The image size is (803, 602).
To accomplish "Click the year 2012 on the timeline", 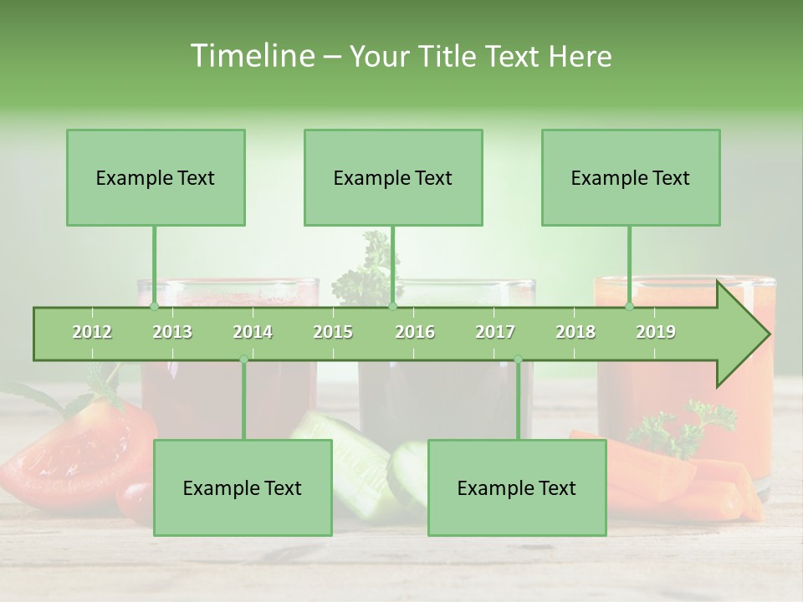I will click(92, 332).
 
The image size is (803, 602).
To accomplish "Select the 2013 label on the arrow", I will click(172, 332).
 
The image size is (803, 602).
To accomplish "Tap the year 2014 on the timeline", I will click(253, 332).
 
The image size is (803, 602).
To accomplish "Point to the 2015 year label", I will click(333, 332).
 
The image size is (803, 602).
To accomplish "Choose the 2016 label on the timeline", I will click(415, 332).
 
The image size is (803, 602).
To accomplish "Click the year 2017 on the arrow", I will click(495, 332).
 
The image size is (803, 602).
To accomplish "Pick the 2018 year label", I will click(575, 332).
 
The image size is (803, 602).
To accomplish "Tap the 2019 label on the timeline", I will click(656, 332).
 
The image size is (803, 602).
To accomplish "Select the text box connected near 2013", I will click(156, 177).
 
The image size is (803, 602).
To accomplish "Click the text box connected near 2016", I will click(393, 177).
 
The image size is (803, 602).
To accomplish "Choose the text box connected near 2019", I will click(631, 177).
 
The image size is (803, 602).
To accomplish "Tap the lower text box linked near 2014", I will click(243, 487).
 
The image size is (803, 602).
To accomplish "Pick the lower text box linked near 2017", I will click(517, 487).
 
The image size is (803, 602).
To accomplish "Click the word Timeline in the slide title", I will click(251, 56).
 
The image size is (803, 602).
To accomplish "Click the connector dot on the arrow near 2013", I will click(154, 307).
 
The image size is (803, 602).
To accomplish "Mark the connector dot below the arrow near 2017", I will click(518, 360).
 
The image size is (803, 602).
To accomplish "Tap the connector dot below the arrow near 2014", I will click(243, 360).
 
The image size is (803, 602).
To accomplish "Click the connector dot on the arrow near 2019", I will click(629, 307).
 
